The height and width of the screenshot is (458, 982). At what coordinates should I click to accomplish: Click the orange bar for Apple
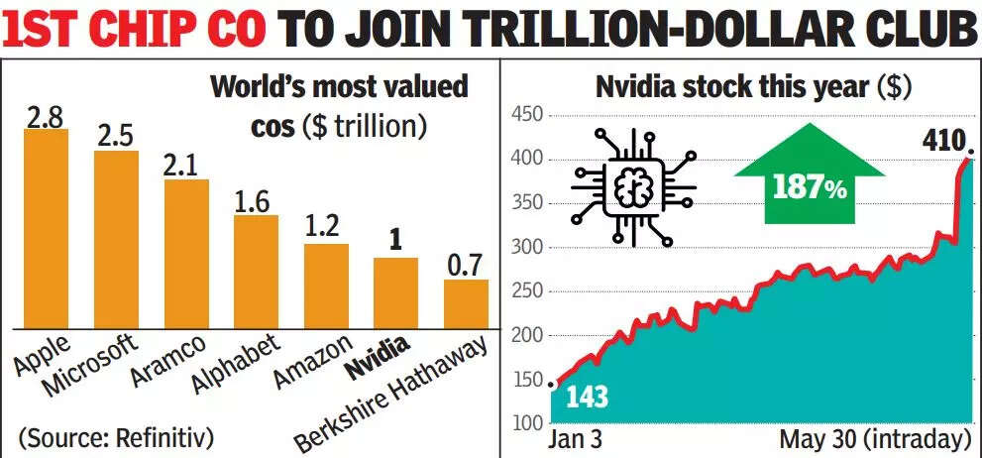click(46, 228)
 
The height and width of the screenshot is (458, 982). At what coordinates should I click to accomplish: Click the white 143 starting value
click(587, 398)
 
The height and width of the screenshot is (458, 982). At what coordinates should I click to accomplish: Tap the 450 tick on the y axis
click(526, 116)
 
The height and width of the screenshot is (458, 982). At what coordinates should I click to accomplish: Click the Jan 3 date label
click(577, 439)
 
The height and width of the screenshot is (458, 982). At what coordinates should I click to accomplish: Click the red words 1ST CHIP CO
click(136, 30)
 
